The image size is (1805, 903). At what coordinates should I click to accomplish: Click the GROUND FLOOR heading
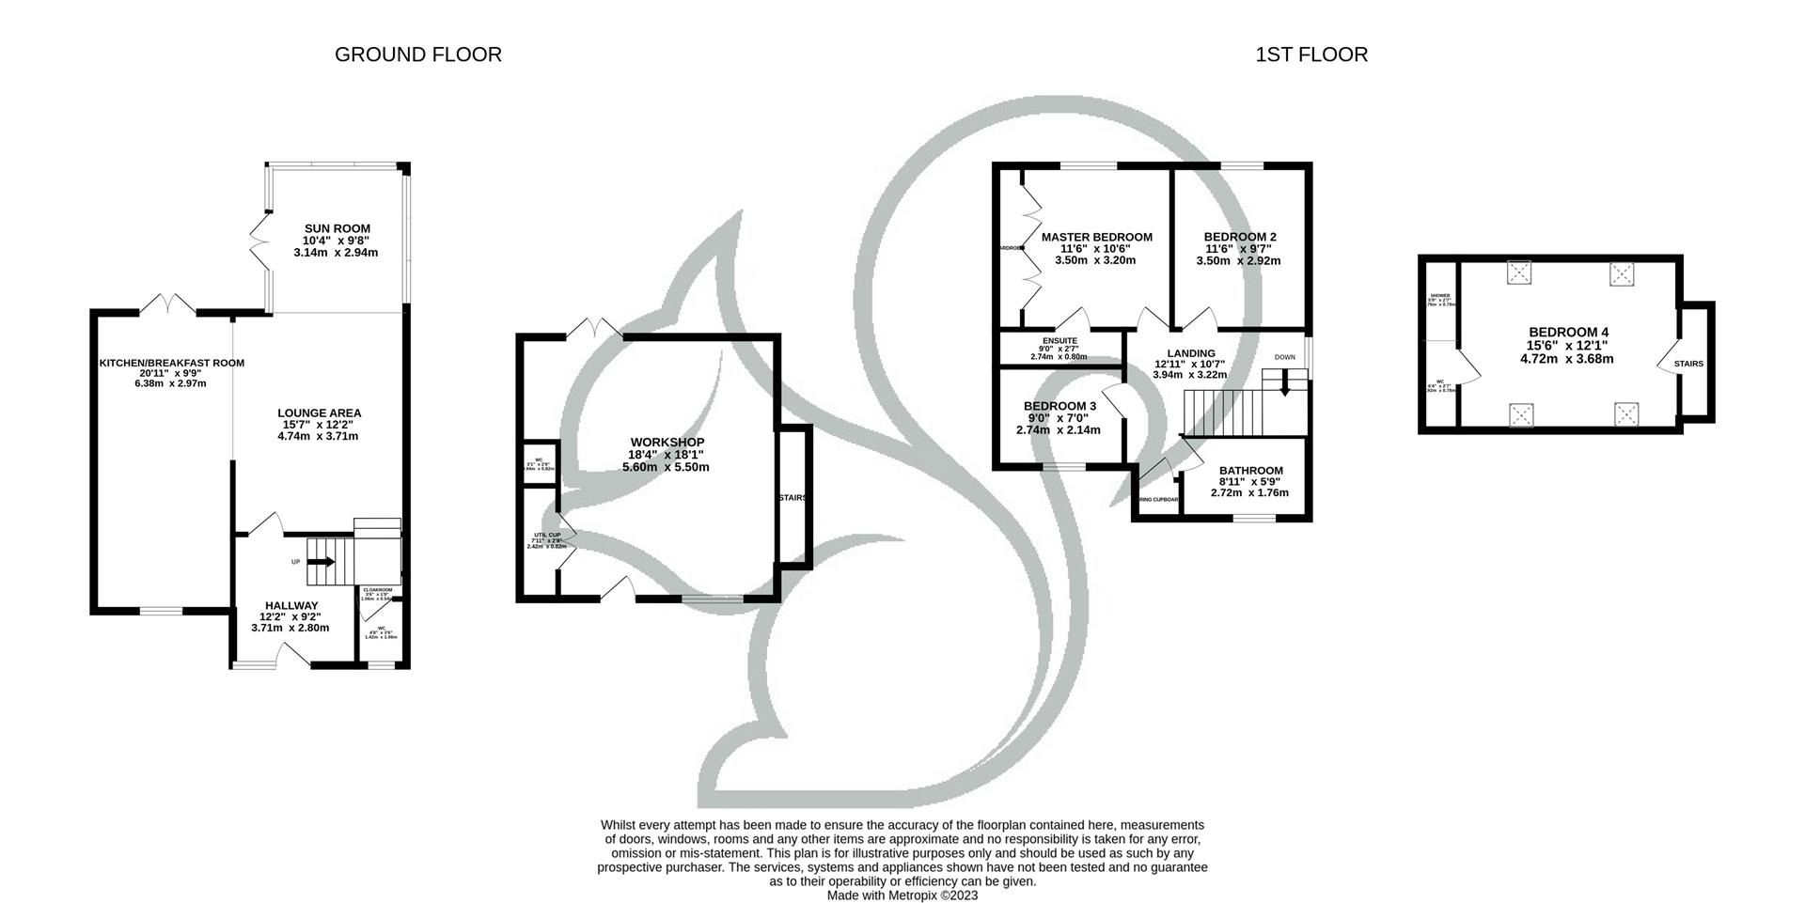[x=417, y=54]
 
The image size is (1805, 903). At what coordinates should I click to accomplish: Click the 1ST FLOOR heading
[x=1311, y=54]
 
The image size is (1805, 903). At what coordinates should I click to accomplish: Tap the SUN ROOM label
[x=337, y=228]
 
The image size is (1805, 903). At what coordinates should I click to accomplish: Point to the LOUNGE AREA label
[x=319, y=413]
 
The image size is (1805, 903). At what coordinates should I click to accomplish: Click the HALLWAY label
[x=290, y=605]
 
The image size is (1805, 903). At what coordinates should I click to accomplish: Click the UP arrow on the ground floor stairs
[x=321, y=562]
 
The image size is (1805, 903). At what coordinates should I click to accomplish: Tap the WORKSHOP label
[x=667, y=442]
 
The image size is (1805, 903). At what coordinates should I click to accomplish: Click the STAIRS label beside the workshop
[x=792, y=498]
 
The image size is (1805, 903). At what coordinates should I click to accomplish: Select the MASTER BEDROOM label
[x=1096, y=237]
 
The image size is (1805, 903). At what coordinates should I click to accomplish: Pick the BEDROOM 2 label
[x=1239, y=237]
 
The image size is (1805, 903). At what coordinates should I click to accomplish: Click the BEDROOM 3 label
[x=1059, y=406]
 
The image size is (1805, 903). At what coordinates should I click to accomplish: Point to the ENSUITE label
[x=1059, y=340]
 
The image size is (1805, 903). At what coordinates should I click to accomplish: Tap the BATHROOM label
[x=1250, y=471]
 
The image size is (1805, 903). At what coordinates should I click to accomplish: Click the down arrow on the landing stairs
[x=1284, y=385]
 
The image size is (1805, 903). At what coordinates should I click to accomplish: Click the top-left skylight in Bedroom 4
[x=1520, y=272]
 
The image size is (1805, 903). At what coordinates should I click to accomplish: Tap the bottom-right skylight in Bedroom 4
[x=1626, y=413]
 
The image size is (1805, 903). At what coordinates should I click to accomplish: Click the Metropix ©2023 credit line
[x=902, y=895]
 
